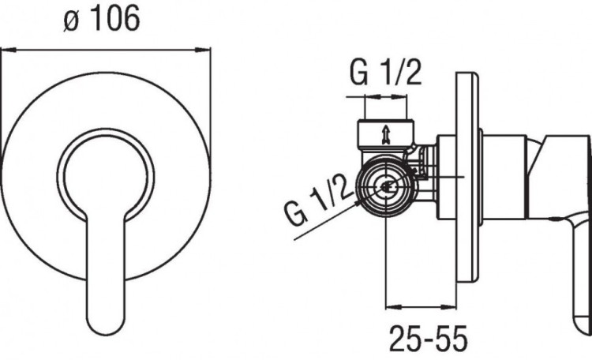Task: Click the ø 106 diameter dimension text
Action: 102,19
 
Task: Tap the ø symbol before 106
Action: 71,22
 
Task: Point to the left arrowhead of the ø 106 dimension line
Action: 9,50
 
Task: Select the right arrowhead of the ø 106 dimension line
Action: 203,50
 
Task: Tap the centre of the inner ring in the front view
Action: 106,174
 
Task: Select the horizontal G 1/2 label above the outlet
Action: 385,72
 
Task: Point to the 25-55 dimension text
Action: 428,338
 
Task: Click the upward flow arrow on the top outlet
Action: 385,135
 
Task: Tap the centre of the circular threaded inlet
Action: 386,186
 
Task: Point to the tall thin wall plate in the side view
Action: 467,176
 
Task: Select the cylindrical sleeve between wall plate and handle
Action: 504,177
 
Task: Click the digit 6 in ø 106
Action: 130,19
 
